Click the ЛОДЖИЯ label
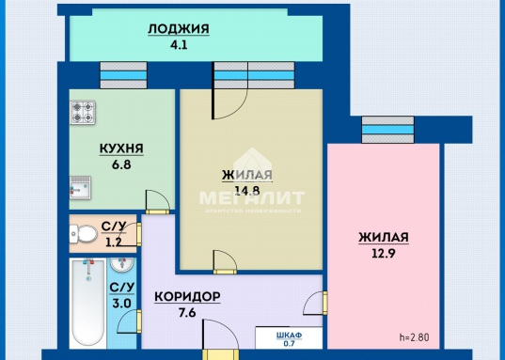pyautogui.click(x=179, y=28)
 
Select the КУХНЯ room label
pyautogui.click(x=121, y=149)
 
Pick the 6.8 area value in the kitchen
pyautogui.click(x=121, y=164)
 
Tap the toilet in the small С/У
pyautogui.click(x=85, y=232)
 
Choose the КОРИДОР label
pyautogui.click(x=187, y=298)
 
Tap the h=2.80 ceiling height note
pyautogui.click(x=414, y=337)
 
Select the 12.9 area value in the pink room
pyautogui.click(x=383, y=253)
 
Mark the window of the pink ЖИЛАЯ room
pyautogui.click(x=387, y=131)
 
